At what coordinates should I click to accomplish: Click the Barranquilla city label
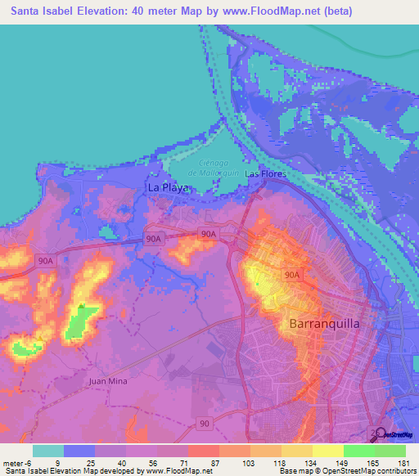point(325,324)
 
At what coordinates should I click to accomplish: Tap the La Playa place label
point(168,187)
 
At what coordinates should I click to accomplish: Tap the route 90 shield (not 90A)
point(205,423)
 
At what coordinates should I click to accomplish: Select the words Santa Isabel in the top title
point(41,11)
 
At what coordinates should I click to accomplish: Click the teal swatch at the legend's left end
point(48,451)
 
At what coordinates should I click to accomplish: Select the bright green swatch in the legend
point(358,451)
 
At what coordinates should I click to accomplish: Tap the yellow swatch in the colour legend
point(327,451)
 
